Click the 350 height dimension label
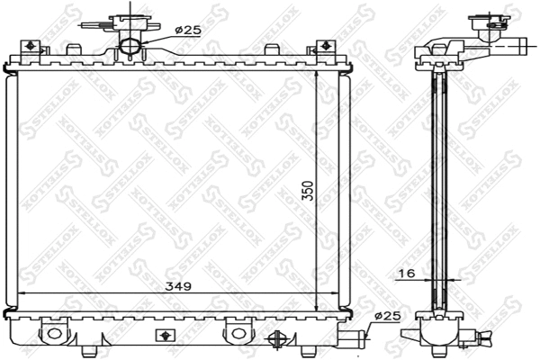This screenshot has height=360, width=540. tap(306, 193)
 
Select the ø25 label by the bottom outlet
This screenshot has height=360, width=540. tap(384, 315)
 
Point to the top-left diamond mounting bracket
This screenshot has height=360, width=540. tap(29, 47)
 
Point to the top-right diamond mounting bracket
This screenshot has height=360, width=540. tap(321, 47)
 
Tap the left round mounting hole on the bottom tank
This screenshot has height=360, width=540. tap(53, 333)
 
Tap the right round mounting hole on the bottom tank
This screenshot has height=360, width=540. tap(238, 333)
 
